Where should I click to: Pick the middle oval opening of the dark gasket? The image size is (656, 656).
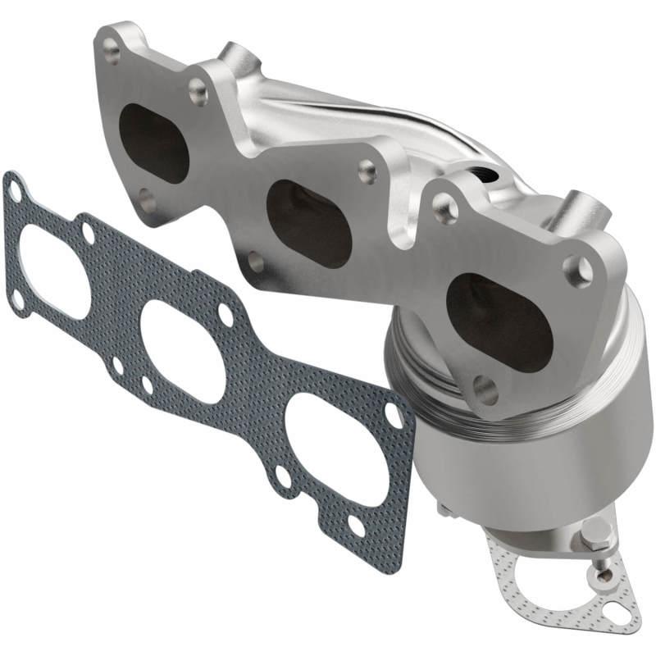coord(184,353)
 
